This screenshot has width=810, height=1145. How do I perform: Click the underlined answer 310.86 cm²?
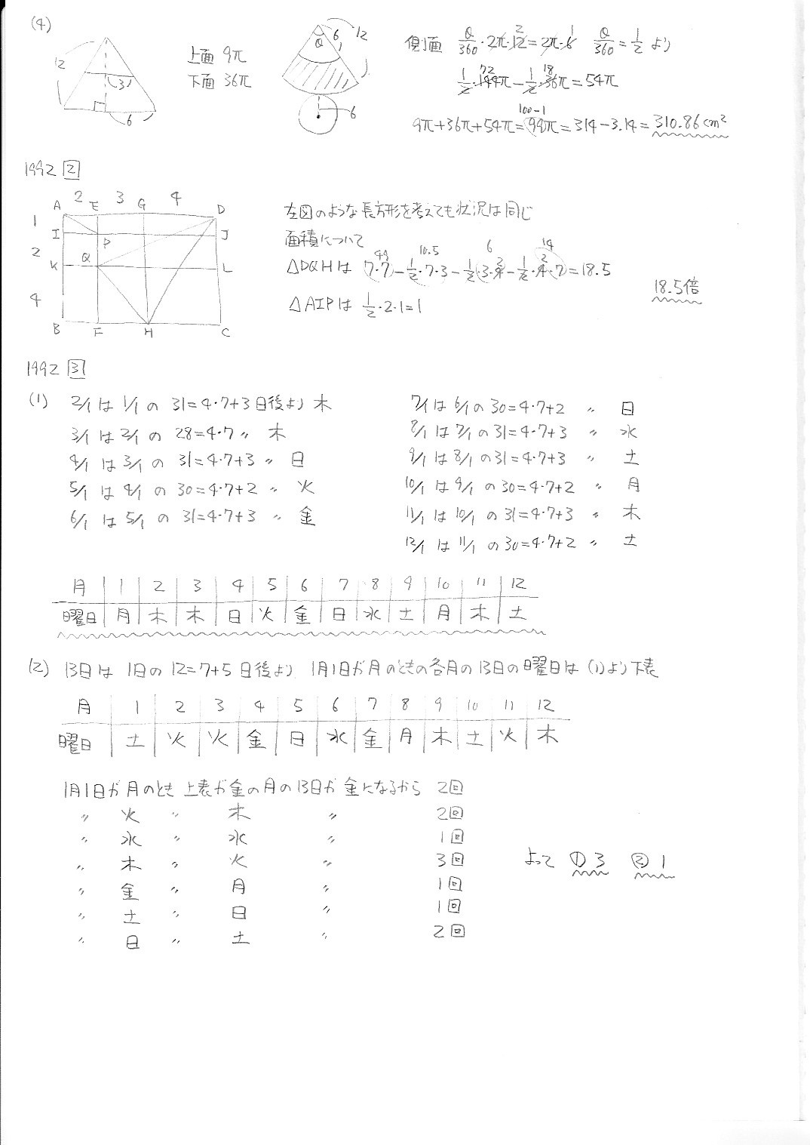point(690,122)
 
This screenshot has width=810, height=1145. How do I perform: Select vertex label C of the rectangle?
point(226,332)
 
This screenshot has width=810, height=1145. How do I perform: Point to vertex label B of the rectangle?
point(57,329)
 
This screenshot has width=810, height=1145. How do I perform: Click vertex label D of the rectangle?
point(221,209)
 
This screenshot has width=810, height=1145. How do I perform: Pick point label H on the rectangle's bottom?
point(149,333)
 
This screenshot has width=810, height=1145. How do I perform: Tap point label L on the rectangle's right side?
point(228,268)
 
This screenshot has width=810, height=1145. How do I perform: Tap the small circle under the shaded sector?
point(320,115)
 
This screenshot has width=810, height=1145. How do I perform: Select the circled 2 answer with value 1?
point(653,860)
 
